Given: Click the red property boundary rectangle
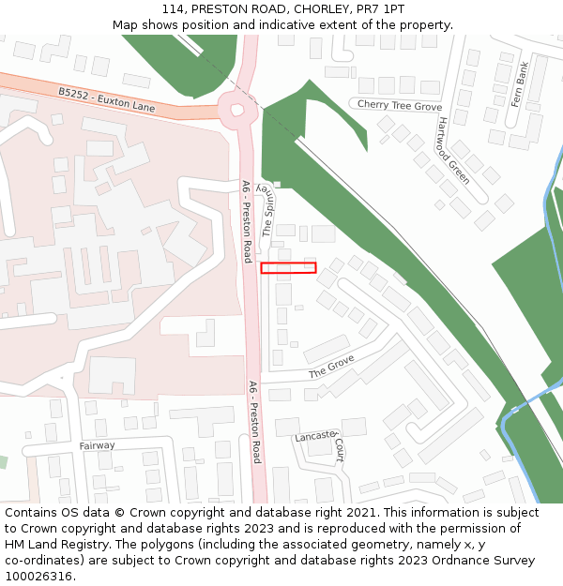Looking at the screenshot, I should (x=288, y=267).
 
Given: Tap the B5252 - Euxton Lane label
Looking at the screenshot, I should (x=106, y=100).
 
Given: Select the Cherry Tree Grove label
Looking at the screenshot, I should (x=399, y=106).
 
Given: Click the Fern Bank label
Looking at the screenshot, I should (x=520, y=84).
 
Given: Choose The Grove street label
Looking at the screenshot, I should (x=331, y=367).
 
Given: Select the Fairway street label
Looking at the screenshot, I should (x=97, y=445).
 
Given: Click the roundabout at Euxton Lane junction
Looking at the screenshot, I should (x=237, y=108).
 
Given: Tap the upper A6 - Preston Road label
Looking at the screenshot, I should (x=246, y=220).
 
